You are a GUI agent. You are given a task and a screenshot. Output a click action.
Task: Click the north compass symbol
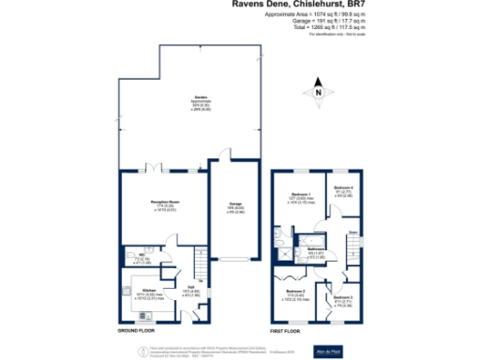point(318,92)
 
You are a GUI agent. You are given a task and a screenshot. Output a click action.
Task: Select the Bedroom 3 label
point(340,300)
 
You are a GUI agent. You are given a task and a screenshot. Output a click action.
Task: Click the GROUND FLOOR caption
point(137,331)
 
